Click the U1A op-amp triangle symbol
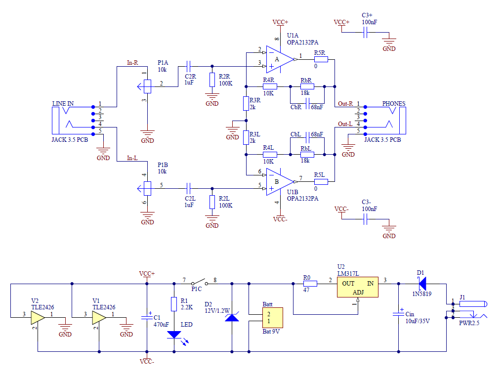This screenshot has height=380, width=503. point(278,58)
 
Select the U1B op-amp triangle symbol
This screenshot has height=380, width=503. point(278,181)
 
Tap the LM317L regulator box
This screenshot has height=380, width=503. point(358,287)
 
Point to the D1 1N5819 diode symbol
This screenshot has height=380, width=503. point(421,284)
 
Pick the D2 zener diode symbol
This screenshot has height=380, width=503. point(232,317)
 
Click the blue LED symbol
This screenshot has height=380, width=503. point(174,335)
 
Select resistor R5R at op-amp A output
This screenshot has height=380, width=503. point(321,59)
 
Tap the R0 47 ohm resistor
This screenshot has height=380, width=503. point(306,284)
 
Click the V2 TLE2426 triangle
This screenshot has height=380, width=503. point(38,317)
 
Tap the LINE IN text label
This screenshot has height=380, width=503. point(63,104)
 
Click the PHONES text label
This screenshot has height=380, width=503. point(393,104)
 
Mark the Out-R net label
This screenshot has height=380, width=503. point(345,104)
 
